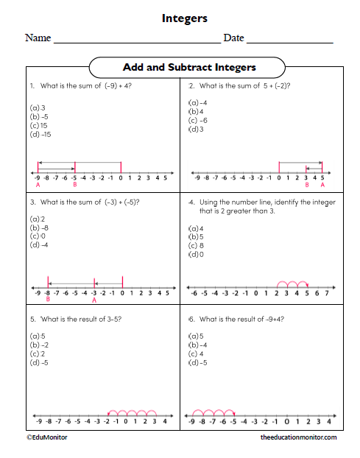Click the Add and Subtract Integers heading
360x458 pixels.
pos(189,67)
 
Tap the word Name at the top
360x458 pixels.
pos(38,38)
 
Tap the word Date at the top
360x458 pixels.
pos(233,38)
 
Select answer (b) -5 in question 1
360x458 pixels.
pos(39,116)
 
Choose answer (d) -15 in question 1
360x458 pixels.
pos(40,134)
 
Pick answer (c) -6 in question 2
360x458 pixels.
pos(198,120)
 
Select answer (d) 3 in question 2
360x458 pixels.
pos(197,130)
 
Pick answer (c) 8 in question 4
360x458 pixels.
pos(197,245)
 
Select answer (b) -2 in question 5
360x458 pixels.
pos(40,345)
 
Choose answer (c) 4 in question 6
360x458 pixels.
pos(197,353)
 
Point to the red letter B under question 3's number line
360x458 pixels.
pos(47,300)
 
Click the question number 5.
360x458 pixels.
pos(32,318)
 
